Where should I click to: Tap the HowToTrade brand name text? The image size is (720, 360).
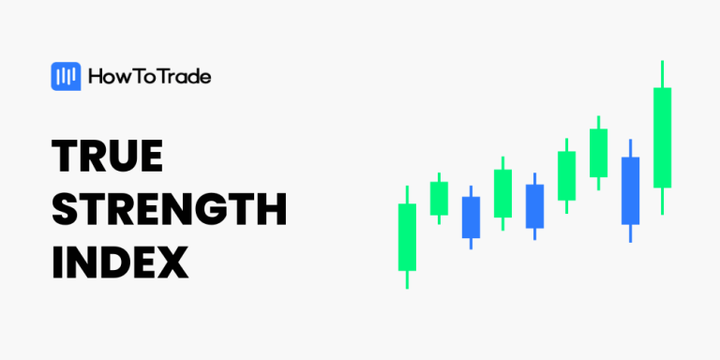click(149, 77)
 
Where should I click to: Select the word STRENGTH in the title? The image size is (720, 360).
click(169, 210)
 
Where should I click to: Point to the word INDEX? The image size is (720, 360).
click(120, 262)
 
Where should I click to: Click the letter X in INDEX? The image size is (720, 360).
click(172, 262)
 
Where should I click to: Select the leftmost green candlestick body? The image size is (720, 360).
click(407, 237)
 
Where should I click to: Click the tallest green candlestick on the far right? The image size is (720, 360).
click(663, 137)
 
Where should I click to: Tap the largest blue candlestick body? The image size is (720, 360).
click(630, 190)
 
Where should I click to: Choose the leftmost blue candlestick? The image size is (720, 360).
click(471, 217)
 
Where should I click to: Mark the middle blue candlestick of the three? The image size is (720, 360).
click(534, 205)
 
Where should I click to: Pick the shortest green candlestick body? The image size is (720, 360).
click(439, 198)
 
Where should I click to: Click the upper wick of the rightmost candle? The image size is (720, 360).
click(663, 74)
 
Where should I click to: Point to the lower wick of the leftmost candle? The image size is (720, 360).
click(407, 279)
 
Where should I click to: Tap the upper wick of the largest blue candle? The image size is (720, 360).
click(630, 148)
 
